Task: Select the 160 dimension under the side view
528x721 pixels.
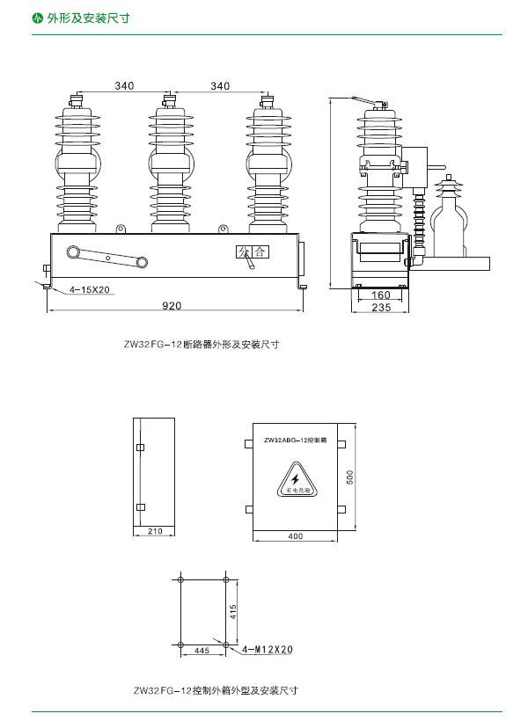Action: coord(380,295)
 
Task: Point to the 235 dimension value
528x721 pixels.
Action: coord(380,308)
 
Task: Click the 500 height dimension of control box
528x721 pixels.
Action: coord(349,477)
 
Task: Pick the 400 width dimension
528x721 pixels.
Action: coord(295,535)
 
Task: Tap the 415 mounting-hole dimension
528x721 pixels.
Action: coord(233,612)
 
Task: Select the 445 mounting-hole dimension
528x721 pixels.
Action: coord(202,651)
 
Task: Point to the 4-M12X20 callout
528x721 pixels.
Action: coord(269,650)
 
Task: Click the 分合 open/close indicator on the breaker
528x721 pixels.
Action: coord(252,251)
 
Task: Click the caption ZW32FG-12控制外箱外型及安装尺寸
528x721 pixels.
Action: coord(216,690)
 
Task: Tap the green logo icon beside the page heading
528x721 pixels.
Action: coord(37,17)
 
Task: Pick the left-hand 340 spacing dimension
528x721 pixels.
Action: coord(124,85)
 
